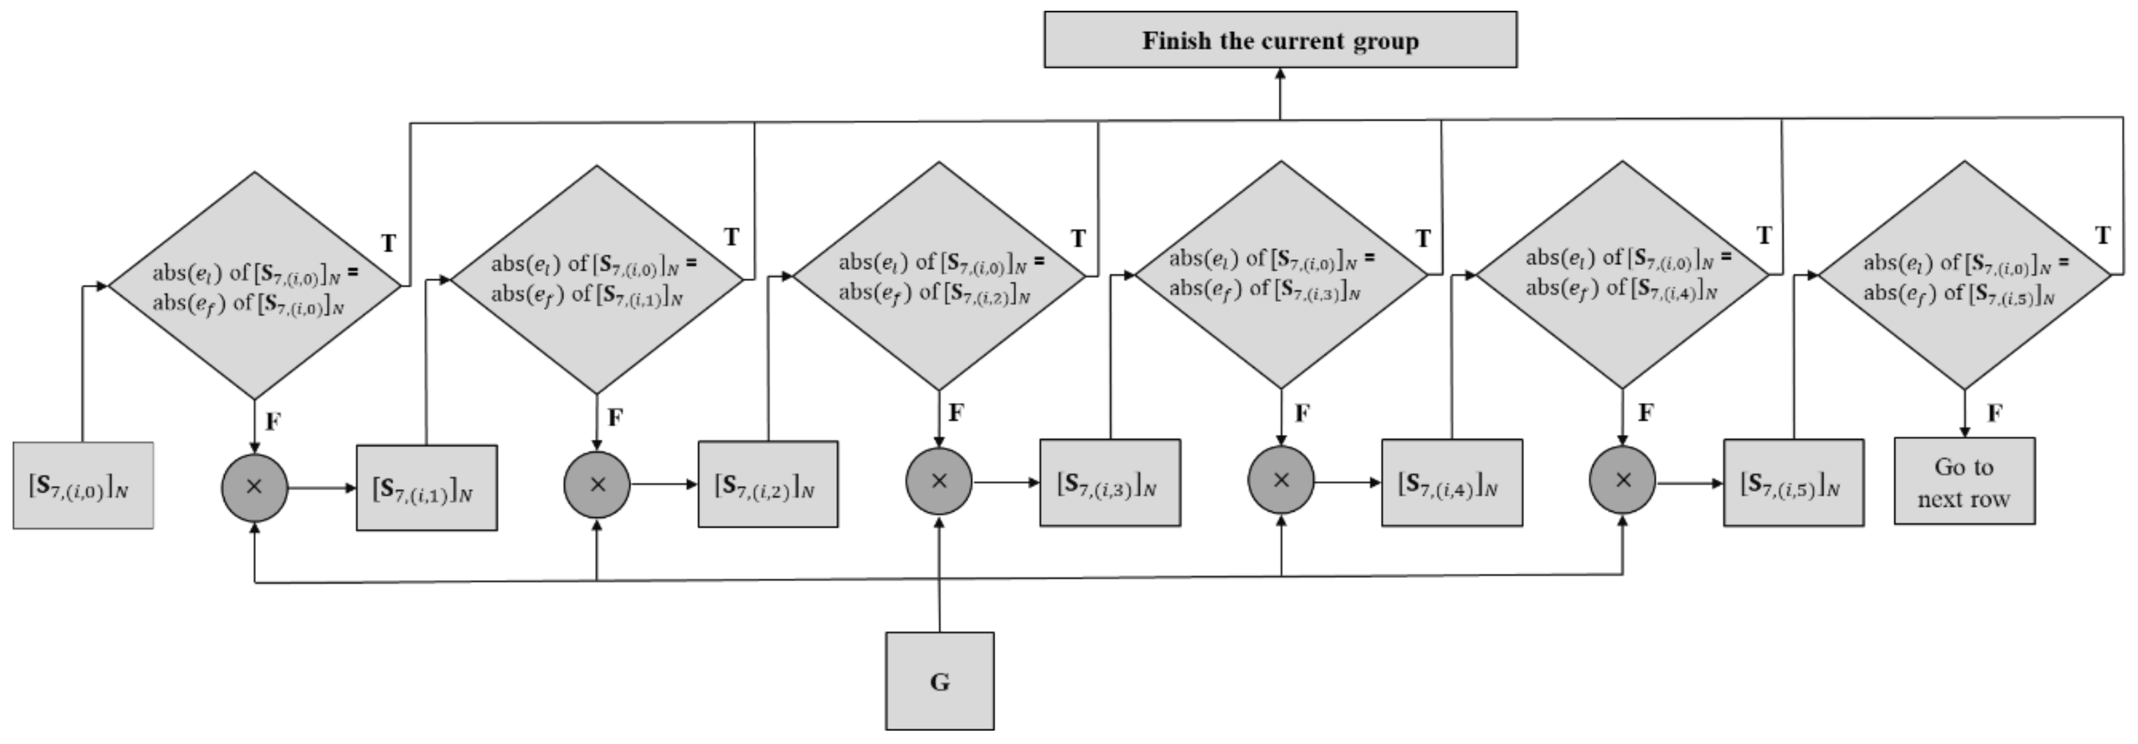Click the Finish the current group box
tap(1279, 39)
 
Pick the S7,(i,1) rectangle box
tap(426, 488)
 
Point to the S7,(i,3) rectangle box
tap(1109, 483)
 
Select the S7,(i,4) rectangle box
tap(1451, 483)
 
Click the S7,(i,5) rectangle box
tap(1793, 483)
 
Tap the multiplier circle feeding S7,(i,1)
tap(254, 487)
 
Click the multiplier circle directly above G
tap(939, 481)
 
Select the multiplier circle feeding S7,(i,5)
tap(1622, 480)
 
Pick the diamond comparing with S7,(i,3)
tap(1280, 275)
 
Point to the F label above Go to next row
tap(1994, 412)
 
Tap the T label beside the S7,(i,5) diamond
tap(2102, 236)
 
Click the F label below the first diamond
tap(272, 421)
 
